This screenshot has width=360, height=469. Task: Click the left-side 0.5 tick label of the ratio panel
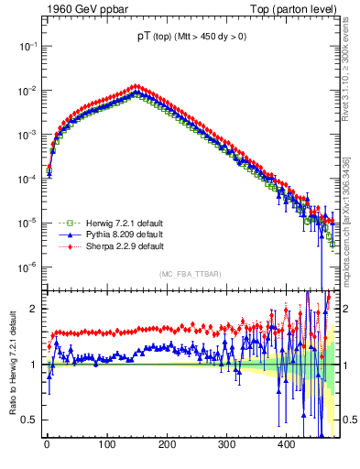[31, 420]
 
